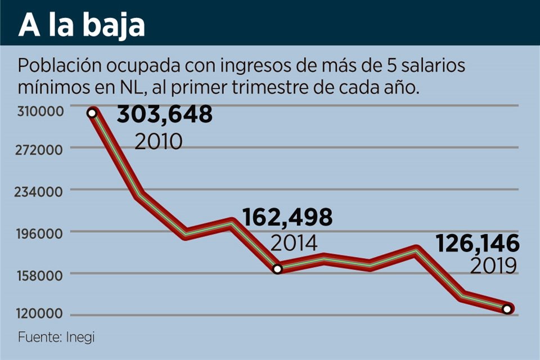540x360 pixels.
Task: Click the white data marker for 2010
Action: click(x=92, y=113)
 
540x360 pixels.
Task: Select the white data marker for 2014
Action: click(x=277, y=269)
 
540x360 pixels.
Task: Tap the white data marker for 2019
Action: click(x=507, y=309)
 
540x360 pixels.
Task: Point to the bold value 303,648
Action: click(x=164, y=114)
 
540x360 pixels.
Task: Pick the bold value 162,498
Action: click(x=287, y=217)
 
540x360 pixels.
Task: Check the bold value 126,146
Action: click(x=478, y=244)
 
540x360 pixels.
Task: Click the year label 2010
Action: click(x=159, y=141)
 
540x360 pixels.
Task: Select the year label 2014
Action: click(x=294, y=244)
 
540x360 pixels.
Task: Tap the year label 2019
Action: click(x=493, y=266)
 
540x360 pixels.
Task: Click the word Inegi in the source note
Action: click(x=80, y=337)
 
